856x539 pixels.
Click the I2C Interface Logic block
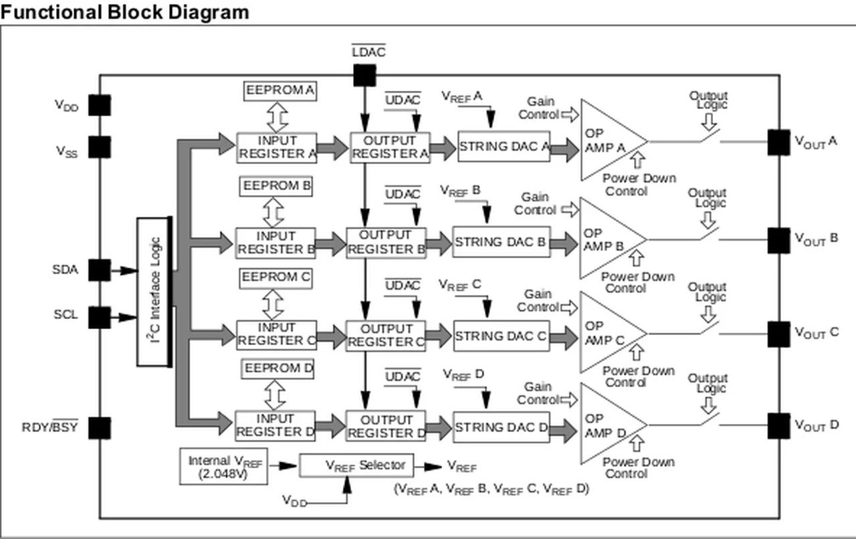click(154, 292)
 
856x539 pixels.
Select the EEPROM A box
click(280, 90)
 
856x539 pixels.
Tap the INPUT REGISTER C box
click(276, 334)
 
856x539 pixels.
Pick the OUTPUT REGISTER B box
click(386, 242)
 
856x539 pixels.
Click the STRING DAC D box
click(501, 427)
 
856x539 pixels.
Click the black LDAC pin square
click(364, 75)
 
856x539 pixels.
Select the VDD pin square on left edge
click(100, 105)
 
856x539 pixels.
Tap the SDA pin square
click(100, 270)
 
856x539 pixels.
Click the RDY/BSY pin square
click(100, 427)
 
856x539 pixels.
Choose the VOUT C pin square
click(778, 334)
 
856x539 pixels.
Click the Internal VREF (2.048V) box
click(223, 467)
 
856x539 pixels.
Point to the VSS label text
click(66, 151)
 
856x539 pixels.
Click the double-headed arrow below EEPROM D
click(273, 395)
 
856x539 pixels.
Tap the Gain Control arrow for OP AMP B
click(570, 210)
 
